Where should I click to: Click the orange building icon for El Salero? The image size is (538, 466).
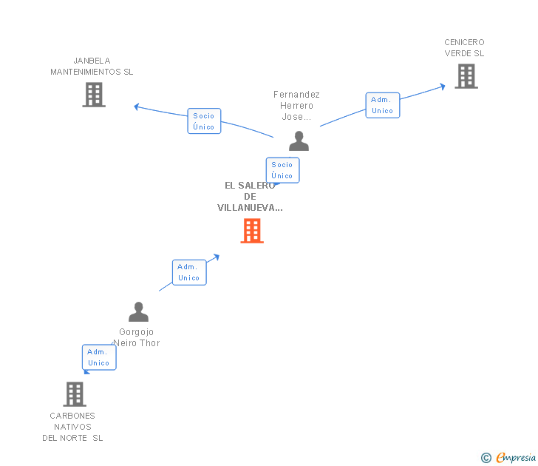tap(252, 231)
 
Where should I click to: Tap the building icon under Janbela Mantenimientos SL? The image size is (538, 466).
tap(94, 95)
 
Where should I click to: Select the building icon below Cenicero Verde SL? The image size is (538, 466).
tap(466, 76)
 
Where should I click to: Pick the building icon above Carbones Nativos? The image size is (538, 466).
tap(75, 394)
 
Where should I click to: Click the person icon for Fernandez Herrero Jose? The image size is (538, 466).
tap(299, 141)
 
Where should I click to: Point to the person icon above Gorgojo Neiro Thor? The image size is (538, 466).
tap(139, 312)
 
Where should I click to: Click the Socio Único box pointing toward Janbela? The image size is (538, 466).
tap(204, 121)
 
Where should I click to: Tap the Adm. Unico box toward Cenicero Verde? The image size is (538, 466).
tap(383, 105)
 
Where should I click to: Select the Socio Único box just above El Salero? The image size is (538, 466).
tap(283, 170)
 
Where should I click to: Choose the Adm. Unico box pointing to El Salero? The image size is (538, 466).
tap(189, 272)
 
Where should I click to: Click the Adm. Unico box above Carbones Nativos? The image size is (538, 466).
tap(99, 357)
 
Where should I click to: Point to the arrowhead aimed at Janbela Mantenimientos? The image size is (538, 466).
tap(137, 107)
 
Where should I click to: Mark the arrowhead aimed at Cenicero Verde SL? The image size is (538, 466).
tap(443, 87)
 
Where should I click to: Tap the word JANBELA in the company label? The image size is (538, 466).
tap(92, 61)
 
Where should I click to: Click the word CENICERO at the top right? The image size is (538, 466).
tap(464, 42)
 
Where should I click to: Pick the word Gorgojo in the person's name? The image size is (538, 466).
tap(136, 331)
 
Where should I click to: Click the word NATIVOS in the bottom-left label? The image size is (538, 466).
tap(72, 427)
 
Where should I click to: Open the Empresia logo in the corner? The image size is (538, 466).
tap(508, 457)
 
